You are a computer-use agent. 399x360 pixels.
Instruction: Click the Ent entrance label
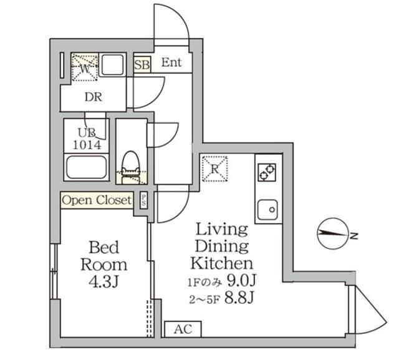(x=171, y=62)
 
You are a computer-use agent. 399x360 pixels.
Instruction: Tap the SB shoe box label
(x=142, y=64)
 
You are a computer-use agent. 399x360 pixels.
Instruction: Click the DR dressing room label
(x=94, y=97)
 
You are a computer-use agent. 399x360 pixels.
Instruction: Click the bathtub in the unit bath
(x=87, y=168)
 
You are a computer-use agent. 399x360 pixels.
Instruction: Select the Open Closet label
(x=97, y=200)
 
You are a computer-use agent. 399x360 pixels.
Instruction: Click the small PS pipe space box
(x=144, y=200)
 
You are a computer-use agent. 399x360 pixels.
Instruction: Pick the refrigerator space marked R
(x=214, y=168)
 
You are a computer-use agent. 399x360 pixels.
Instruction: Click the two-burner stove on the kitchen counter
(x=267, y=171)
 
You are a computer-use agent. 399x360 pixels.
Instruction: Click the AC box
(x=178, y=329)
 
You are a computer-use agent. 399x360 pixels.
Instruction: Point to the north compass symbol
(x=332, y=235)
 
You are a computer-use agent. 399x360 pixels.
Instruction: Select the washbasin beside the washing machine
(x=113, y=66)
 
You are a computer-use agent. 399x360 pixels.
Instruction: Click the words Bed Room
(x=103, y=255)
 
